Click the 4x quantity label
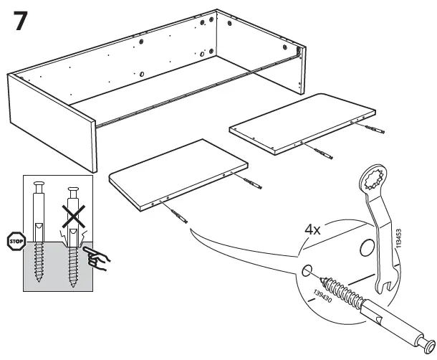313,232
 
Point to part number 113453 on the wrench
398,235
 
